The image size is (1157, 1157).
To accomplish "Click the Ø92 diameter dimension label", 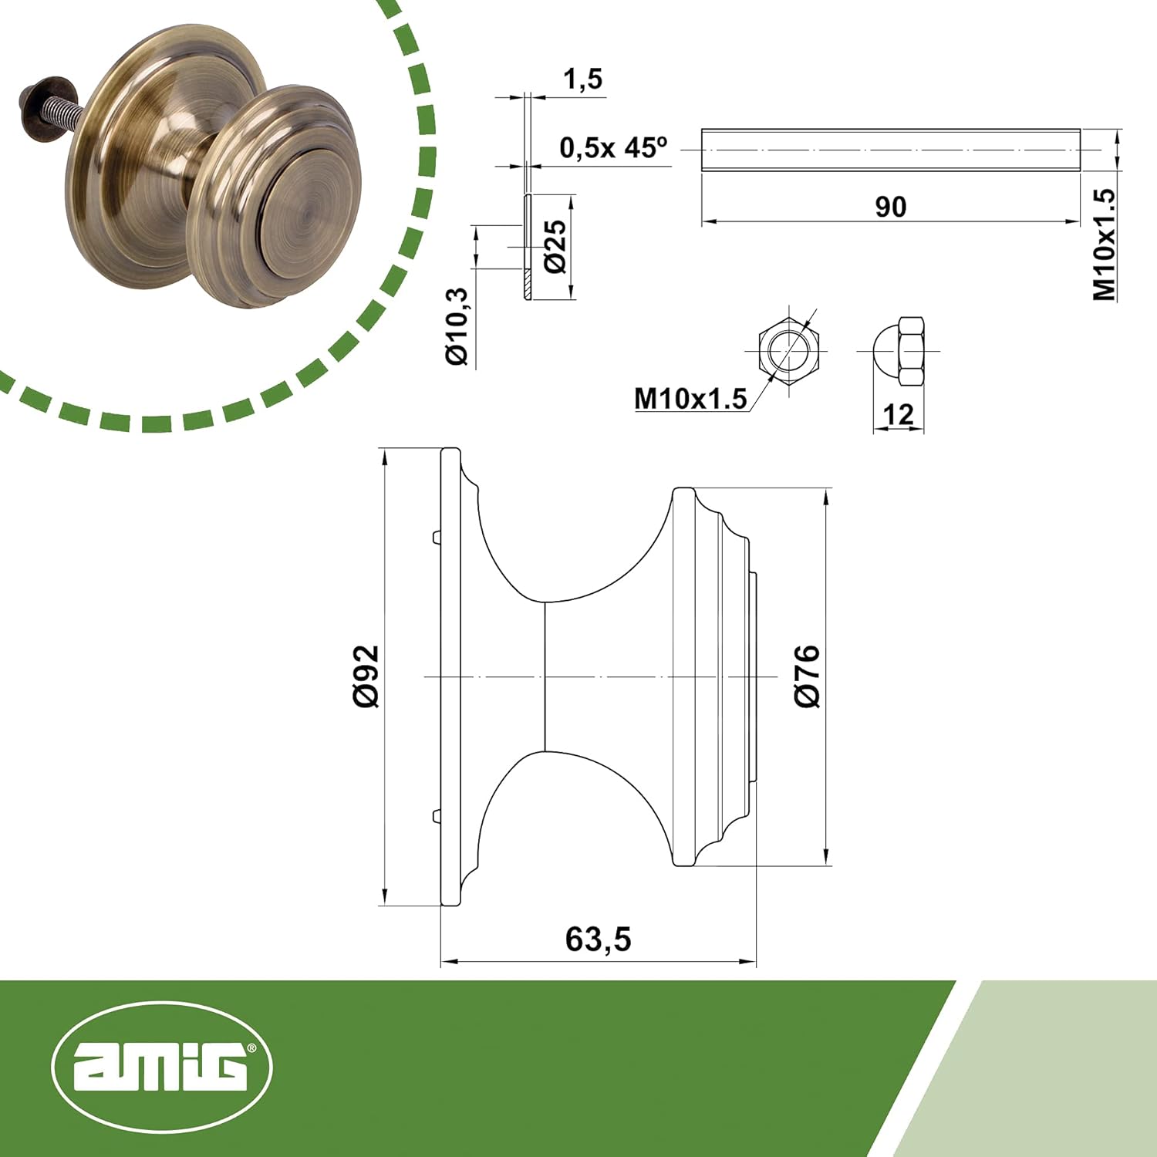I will point(366,676).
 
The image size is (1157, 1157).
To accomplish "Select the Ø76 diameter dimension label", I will point(807,676).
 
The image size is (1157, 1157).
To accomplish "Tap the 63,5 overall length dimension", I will point(598,939).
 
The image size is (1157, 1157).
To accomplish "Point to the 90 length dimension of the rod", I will point(890,207).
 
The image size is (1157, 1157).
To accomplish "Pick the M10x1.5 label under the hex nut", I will point(690,399).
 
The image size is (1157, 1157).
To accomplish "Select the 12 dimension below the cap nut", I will point(898,415).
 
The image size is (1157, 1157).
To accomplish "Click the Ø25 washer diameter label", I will point(555,247).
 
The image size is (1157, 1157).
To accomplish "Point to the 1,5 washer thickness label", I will point(582,79).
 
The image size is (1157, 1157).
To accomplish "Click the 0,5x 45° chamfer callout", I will point(613,147).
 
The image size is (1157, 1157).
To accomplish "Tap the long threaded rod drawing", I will point(890,150).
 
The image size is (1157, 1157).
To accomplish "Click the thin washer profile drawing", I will point(528,247).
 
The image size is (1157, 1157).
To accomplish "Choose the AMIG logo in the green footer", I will point(162,1067).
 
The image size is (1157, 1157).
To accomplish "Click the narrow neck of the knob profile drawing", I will point(545,676).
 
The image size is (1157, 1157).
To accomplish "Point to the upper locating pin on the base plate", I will point(436,535).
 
